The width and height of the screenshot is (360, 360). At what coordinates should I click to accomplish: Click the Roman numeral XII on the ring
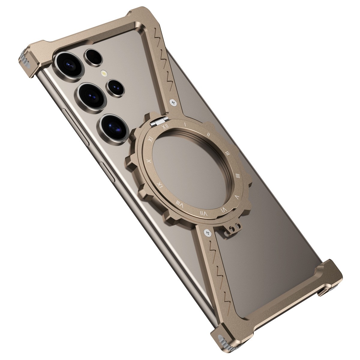pyautogui.click(x=164, y=127)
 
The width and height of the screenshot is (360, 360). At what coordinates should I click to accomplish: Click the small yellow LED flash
pyautogui.click(x=104, y=73)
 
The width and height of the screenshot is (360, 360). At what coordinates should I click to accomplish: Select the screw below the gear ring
pyautogui.click(x=207, y=232)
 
